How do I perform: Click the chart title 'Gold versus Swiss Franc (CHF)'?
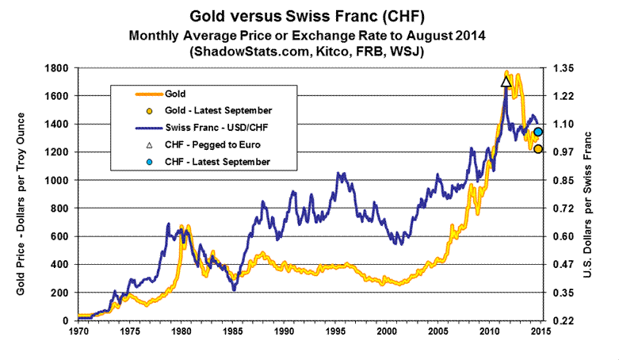click(x=310, y=16)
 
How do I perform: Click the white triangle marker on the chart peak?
click(x=506, y=81)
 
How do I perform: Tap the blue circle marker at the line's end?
click(x=537, y=132)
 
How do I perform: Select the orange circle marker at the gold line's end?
click(x=537, y=149)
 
